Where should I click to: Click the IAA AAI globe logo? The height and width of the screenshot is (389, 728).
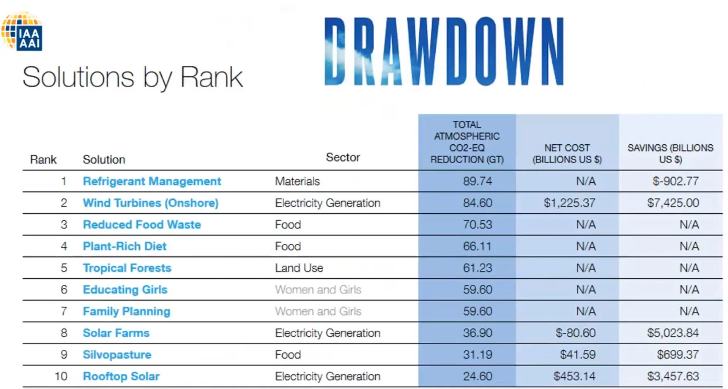(x=23, y=32)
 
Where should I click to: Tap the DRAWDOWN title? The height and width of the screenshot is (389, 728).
(x=444, y=51)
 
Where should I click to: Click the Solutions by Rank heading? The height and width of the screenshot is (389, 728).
(x=132, y=77)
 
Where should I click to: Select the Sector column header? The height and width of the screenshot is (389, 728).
(x=343, y=157)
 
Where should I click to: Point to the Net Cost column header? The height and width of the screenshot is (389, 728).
(x=567, y=153)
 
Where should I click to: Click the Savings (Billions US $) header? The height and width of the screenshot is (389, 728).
(x=670, y=153)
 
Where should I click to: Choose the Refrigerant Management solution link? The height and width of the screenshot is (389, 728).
(x=152, y=181)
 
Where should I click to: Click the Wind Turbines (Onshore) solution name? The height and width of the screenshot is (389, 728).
(x=150, y=203)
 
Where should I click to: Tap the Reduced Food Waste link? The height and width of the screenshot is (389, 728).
(x=142, y=224)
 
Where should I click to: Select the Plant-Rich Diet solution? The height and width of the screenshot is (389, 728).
(x=124, y=246)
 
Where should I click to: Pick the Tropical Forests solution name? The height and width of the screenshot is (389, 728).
(x=127, y=268)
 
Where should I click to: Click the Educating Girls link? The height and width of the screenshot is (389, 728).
(x=125, y=290)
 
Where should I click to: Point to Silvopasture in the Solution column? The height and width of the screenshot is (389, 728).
(x=117, y=355)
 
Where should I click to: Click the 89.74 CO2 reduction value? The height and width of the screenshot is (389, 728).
(x=477, y=181)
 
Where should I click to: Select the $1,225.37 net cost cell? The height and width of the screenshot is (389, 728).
(x=569, y=203)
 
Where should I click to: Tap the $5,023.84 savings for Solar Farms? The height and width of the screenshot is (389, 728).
(x=673, y=333)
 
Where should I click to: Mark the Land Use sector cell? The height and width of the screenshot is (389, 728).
(x=299, y=268)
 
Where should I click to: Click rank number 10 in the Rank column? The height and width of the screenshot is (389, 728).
(x=61, y=376)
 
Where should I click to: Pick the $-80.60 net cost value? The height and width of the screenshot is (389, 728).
(x=575, y=333)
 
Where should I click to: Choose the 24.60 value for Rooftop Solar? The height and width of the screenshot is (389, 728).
(x=477, y=376)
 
